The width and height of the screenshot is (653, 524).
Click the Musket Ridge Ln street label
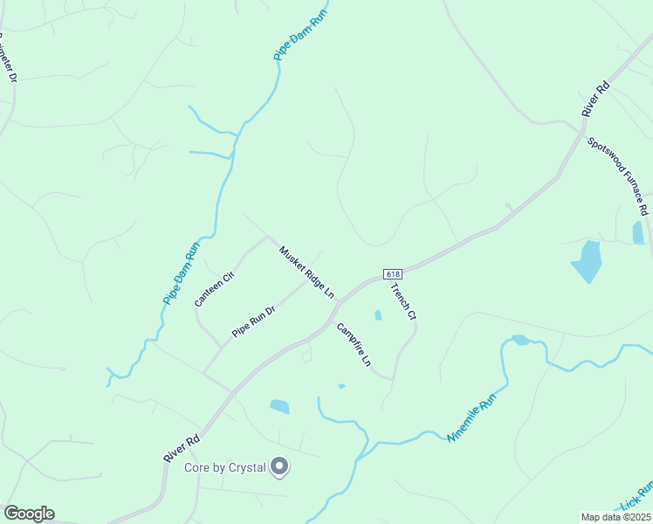click(307, 272)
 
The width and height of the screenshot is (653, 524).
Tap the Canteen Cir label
click(215, 289)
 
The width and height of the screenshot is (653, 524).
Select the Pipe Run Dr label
click(254, 321)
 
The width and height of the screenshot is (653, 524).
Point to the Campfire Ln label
click(354, 345)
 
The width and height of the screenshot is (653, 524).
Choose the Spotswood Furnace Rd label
click(617, 176)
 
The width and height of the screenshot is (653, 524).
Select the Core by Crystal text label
click(224, 468)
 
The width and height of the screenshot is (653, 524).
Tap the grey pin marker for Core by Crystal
click(279, 467)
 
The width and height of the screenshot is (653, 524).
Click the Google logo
click(29, 514)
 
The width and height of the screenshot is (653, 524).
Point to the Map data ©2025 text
click(615, 517)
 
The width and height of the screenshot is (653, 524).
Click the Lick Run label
click(637, 496)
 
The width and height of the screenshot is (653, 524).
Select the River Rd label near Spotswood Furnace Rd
click(596, 99)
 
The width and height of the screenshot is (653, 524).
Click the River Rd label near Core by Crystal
click(182, 449)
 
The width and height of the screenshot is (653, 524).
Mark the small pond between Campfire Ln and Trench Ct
click(378, 315)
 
